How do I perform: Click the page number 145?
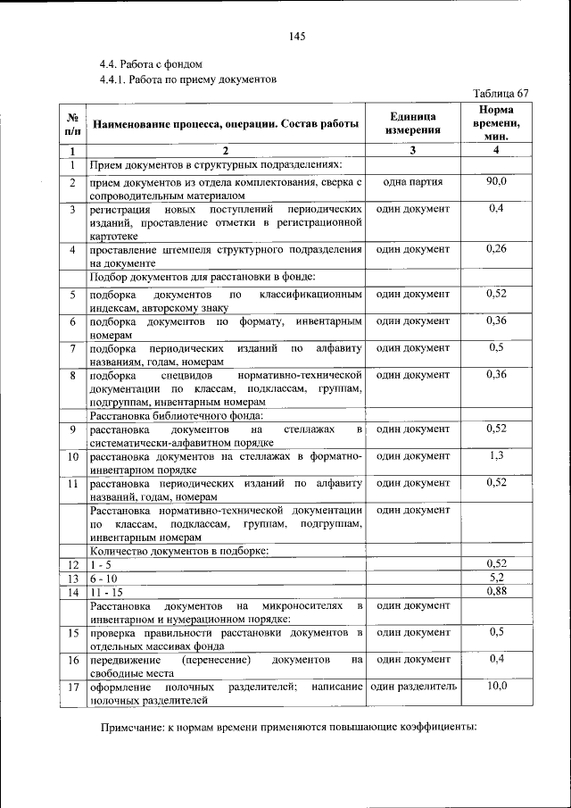(x=297, y=36)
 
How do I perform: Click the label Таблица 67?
(x=501, y=93)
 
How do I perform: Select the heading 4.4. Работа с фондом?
(x=151, y=64)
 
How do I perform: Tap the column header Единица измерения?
(x=413, y=123)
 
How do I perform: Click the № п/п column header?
(x=71, y=123)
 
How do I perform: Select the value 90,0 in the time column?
(x=497, y=181)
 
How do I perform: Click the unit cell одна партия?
(x=413, y=181)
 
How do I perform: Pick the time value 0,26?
(x=497, y=248)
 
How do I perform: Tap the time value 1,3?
(x=497, y=456)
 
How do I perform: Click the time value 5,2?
(x=497, y=578)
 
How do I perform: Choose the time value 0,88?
(x=497, y=591)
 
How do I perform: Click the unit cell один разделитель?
(x=413, y=687)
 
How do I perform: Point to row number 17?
(x=71, y=687)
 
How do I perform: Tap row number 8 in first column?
(x=71, y=375)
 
